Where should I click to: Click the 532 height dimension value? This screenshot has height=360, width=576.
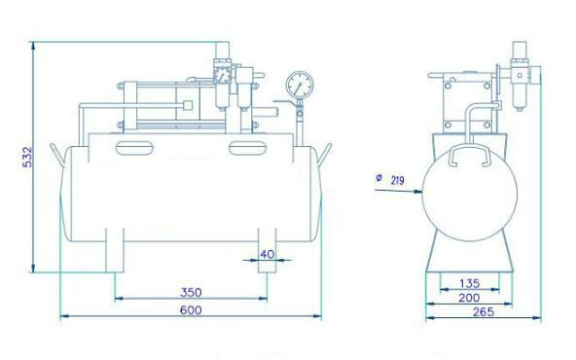coord(27,158)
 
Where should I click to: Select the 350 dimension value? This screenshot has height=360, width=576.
coord(191,293)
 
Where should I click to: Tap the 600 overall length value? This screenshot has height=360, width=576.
coord(191,310)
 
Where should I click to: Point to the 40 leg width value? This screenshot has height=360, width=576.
coord(267,254)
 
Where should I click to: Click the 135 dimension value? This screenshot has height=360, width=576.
coord(470,283)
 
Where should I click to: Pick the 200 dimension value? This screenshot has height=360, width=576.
coord(469,298)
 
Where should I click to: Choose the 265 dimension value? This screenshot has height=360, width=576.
coord(484,312)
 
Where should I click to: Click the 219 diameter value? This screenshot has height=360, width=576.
coord(398,180)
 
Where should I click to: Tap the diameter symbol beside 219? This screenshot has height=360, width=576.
coord(379,178)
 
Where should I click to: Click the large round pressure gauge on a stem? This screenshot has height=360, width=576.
coord(300,85)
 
